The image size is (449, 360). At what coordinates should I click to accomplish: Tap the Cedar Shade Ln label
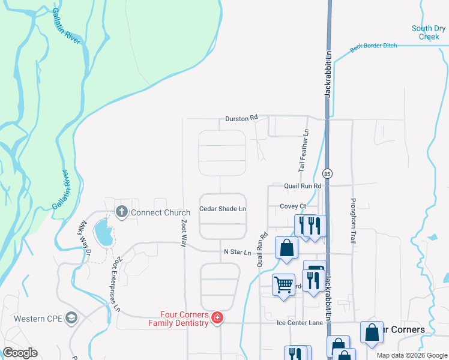tap(223, 209)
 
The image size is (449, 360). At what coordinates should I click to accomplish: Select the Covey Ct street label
tap(293, 206)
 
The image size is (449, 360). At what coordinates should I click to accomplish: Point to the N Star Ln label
tap(237, 253)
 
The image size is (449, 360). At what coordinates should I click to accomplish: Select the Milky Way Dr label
tap(82, 239)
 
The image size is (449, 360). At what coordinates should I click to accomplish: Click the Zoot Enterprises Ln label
tap(116, 284)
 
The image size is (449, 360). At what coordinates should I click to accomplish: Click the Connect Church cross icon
tap(122, 211)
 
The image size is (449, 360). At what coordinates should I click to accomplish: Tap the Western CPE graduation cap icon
tap(72, 317)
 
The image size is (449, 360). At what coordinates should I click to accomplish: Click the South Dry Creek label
tap(429, 32)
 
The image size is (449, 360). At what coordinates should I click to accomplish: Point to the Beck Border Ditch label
tap(373, 47)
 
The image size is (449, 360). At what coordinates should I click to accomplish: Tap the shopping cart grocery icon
tap(283, 284)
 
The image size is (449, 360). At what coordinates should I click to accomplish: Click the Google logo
tap(20, 353)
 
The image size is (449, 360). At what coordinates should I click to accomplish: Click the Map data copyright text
tap(411, 355)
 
